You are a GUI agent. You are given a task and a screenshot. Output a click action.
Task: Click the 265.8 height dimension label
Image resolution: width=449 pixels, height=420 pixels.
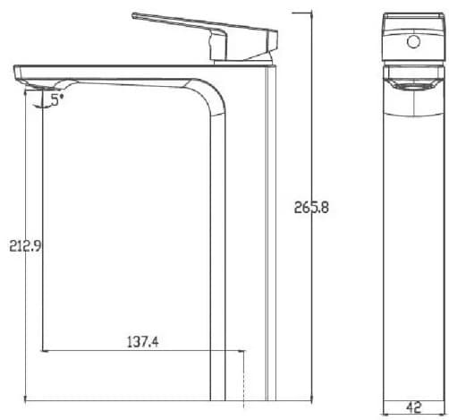311,207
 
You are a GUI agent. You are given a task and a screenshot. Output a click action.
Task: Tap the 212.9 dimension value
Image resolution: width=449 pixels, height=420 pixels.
25,246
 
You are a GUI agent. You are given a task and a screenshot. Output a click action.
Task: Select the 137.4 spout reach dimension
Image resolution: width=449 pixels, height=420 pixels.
143,342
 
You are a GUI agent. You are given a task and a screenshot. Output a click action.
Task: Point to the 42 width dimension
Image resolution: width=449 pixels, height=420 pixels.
414,407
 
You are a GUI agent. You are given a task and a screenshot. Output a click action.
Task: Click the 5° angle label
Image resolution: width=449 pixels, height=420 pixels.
57,99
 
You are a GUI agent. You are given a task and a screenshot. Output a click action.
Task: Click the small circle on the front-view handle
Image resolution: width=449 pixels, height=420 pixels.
413,41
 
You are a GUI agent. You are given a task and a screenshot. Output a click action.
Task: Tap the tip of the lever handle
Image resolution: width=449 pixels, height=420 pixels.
133,15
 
